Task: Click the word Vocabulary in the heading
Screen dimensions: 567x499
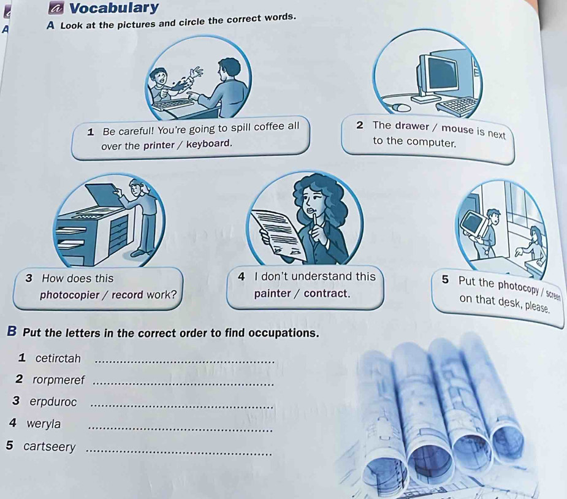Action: tap(114, 8)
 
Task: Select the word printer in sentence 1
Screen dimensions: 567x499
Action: tap(159, 145)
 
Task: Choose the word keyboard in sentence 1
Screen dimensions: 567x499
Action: tap(208, 144)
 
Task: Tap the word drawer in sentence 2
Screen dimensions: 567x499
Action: tap(412, 126)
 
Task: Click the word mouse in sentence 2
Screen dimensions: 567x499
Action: tap(457, 129)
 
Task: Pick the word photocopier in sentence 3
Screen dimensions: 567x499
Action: tap(69, 295)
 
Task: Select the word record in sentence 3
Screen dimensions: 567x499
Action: tap(127, 295)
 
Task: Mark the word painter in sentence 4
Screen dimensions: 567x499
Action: tap(273, 294)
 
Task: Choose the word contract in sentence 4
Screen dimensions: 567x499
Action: tap(326, 293)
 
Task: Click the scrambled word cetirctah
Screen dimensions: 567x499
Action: tap(58, 359)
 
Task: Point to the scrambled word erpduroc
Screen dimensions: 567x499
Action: tap(53, 402)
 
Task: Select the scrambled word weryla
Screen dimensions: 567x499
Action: tap(44, 424)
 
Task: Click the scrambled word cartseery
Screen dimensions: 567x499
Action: tap(50, 447)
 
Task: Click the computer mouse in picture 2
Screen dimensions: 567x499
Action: tap(401, 107)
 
